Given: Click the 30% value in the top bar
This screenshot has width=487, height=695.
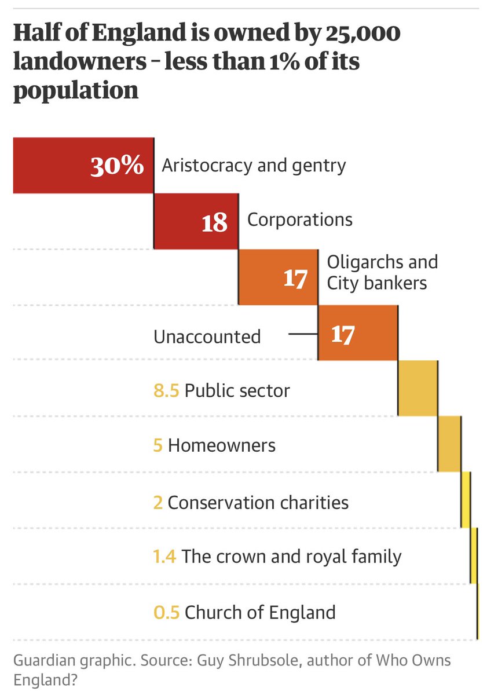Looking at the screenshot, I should pyautogui.click(x=116, y=166).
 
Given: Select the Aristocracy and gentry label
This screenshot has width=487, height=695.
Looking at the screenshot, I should pyautogui.click(x=254, y=166).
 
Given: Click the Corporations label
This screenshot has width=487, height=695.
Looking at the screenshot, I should pyautogui.click(x=299, y=220).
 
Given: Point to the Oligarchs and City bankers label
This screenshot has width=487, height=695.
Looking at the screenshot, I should pyautogui.click(x=382, y=272).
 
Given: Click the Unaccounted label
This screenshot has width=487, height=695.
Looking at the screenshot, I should pyautogui.click(x=207, y=336).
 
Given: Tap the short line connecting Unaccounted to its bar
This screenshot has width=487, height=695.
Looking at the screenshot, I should pyautogui.click(x=303, y=334).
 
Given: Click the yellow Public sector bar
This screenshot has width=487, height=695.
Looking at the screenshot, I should pyautogui.click(x=418, y=387).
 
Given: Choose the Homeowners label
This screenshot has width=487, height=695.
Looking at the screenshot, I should pyautogui.click(x=221, y=446).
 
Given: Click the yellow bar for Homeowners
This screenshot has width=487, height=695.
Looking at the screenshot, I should pyautogui.click(x=449, y=443).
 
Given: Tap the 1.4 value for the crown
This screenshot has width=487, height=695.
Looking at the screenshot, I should pyautogui.click(x=164, y=557).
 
